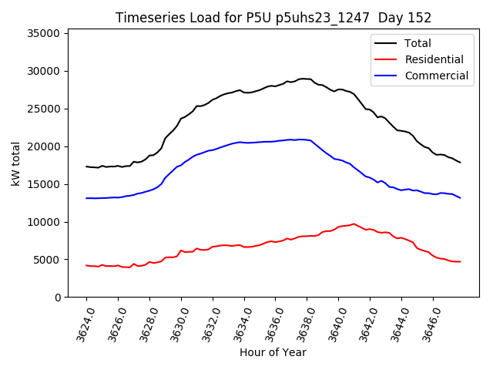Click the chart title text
pyautogui.click(x=273, y=18)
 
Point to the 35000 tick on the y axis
pyautogui.click(x=44, y=33)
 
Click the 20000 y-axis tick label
pyautogui.click(x=44, y=146)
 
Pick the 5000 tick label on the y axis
pyautogui.click(x=47, y=260)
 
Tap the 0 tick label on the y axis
pyautogui.click(x=58, y=298)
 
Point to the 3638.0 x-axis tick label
pyautogui.click(x=303, y=324)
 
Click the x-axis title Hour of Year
pyautogui.click(x=273, y=352)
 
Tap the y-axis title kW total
pyautogui.click(x=15, y=163)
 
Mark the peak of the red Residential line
pyautogui.click(x=354, y=224)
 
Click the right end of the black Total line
pyautogui.click(x=461, y=163)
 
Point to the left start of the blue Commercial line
pyautogui.click(x=86, y=198)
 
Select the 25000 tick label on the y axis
pyautogui.click(x=44, y=109)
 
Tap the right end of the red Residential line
pyautogui.click(x=461, y=262)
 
